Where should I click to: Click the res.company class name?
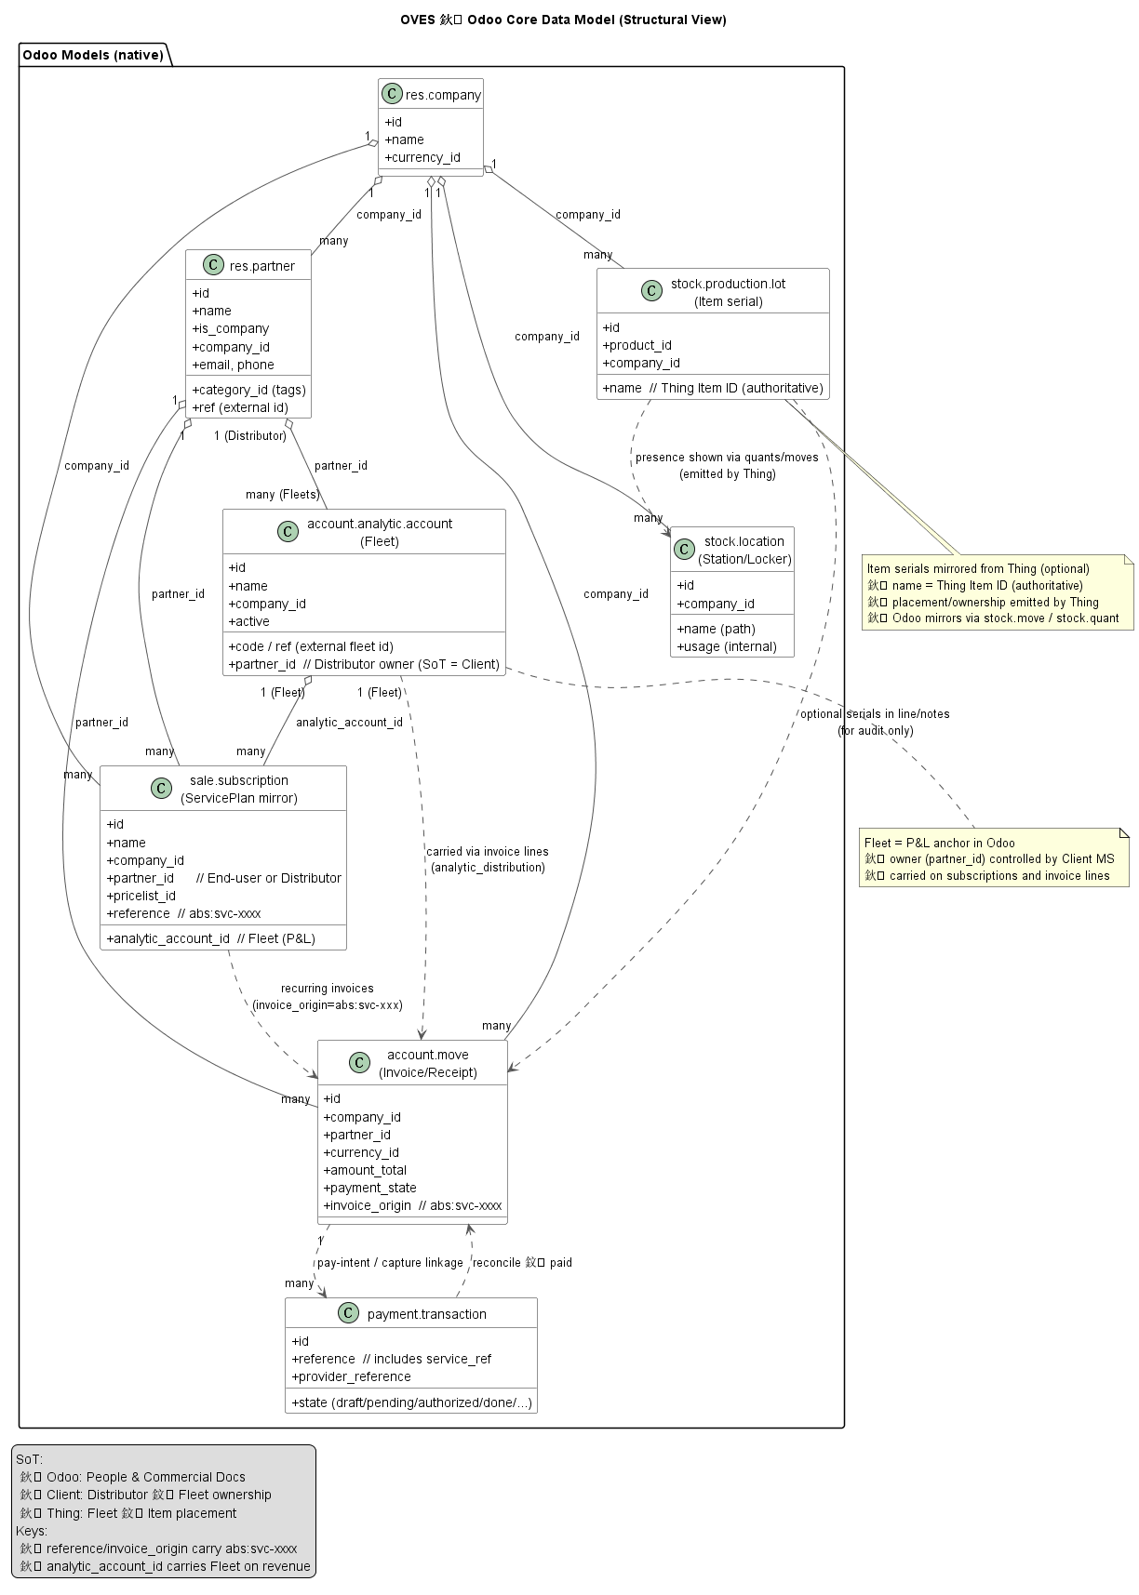[443, 95]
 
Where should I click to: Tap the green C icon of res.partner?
[212, 266]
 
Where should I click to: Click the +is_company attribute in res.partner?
[230, 328]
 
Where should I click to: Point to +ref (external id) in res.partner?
[239, 407]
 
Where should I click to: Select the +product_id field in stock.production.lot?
[636, 345]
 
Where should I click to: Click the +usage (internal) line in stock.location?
[726, 646]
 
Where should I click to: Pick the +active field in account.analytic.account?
[248, 621]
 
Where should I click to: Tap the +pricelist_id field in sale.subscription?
[141, 896]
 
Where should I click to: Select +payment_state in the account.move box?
[369, 1188]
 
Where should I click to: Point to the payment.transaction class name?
[426, 1314]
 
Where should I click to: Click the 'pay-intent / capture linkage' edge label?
[390, 1263]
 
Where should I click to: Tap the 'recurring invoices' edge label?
[327, 989]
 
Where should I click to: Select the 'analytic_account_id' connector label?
[349, 723]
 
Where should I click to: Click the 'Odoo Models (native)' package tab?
[93, 55]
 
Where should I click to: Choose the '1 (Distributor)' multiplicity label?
[249, 436]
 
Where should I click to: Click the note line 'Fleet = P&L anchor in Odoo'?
[939, 843]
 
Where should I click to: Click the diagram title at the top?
[563, 20]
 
